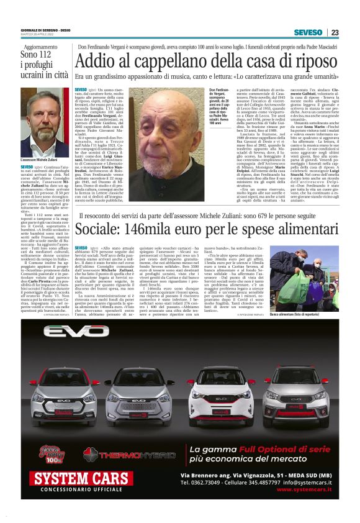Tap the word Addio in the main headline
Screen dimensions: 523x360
tap(97, 62)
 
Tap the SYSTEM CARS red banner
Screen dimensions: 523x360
tap(73, 478)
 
